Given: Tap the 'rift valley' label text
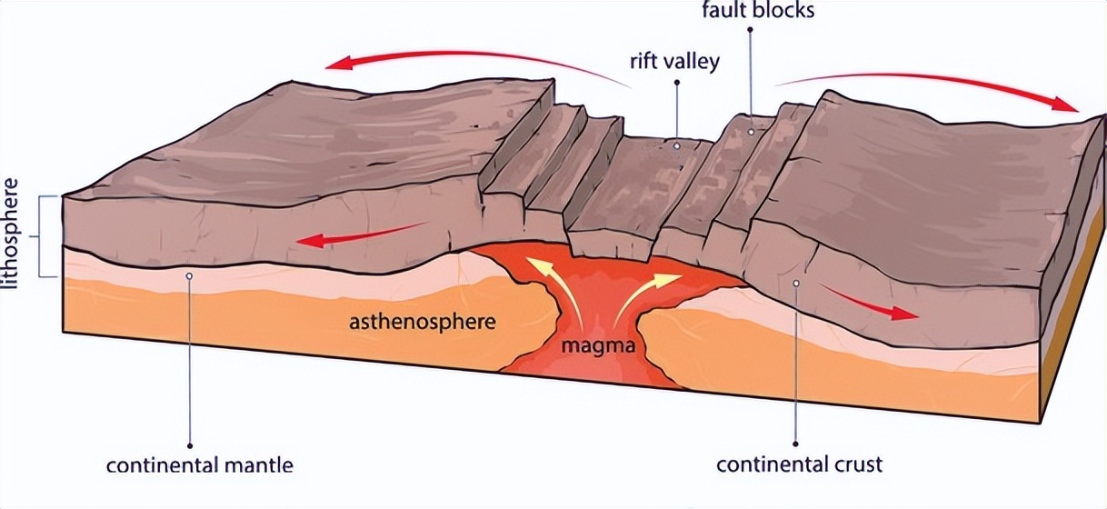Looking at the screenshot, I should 674,63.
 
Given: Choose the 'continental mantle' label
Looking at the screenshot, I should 200,465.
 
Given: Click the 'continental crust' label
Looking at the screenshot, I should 799,465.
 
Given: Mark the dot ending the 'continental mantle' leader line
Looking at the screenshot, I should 190,445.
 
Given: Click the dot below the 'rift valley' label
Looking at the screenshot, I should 677,83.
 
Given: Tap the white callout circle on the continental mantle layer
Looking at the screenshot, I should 190,275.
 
